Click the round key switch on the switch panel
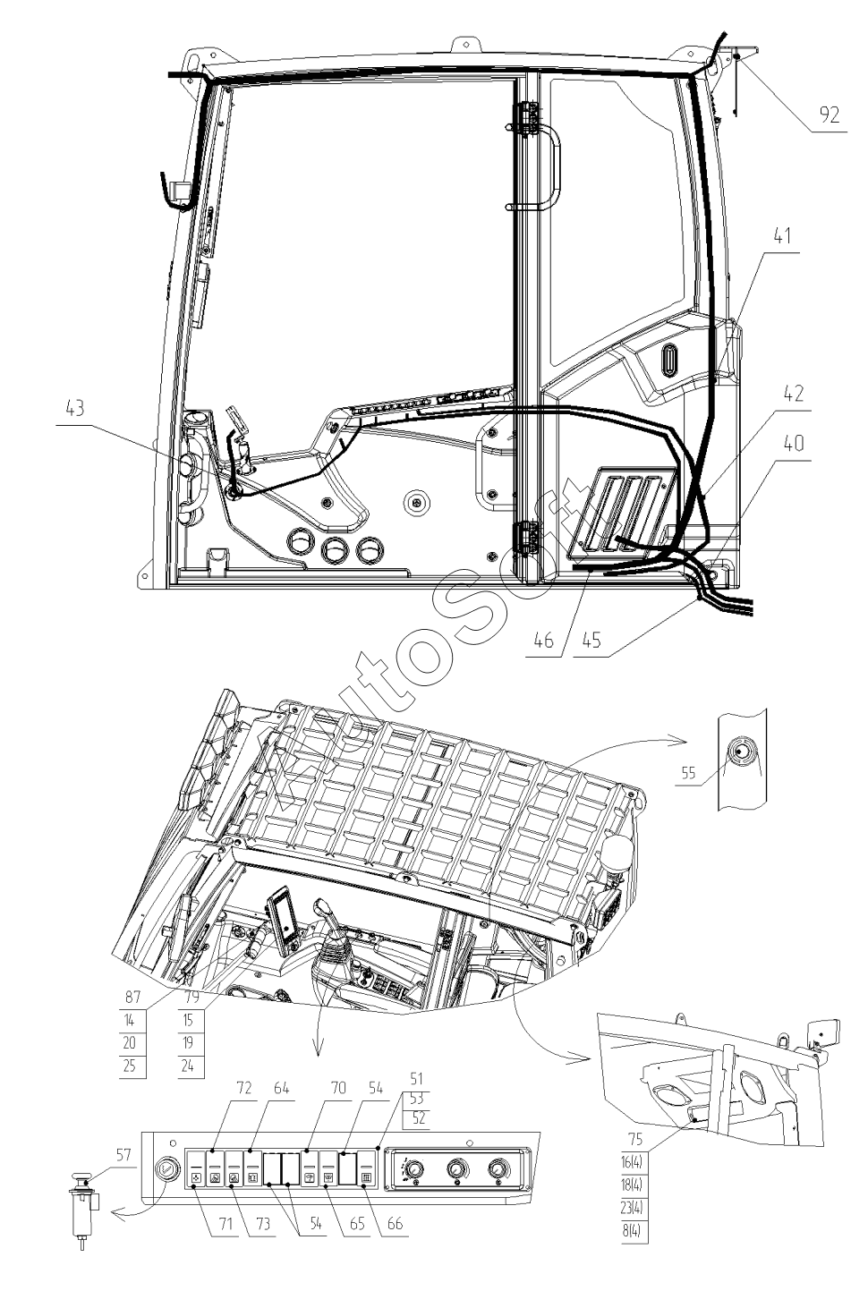(166, 1170)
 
